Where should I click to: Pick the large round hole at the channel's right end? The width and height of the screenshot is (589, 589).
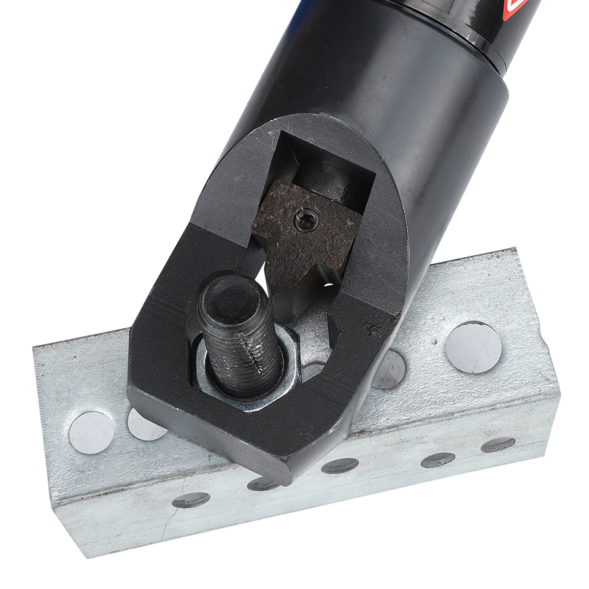pyautogui.click(x=472, y=347)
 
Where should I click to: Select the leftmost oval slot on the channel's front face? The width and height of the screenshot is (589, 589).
pyautogui.click(x=191, y=500)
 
